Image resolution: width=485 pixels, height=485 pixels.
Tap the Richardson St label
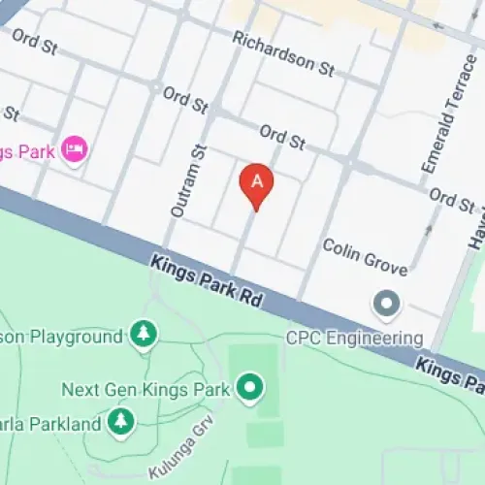(x=283, y=52)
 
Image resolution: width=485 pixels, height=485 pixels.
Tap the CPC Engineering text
(x=354, y=339)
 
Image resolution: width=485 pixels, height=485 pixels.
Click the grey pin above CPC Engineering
(x=388, y=305)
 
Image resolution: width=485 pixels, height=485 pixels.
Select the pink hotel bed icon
(x=75, y=150)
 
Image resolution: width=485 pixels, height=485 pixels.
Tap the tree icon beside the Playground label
(x=144, y=336)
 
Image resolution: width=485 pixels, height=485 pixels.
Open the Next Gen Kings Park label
(x=145, y=390)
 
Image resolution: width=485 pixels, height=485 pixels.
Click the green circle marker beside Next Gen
(x=251, y=389)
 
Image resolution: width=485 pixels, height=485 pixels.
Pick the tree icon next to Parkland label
(x=120, y=421)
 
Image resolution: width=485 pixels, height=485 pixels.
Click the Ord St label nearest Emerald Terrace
(x=452, y=199)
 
